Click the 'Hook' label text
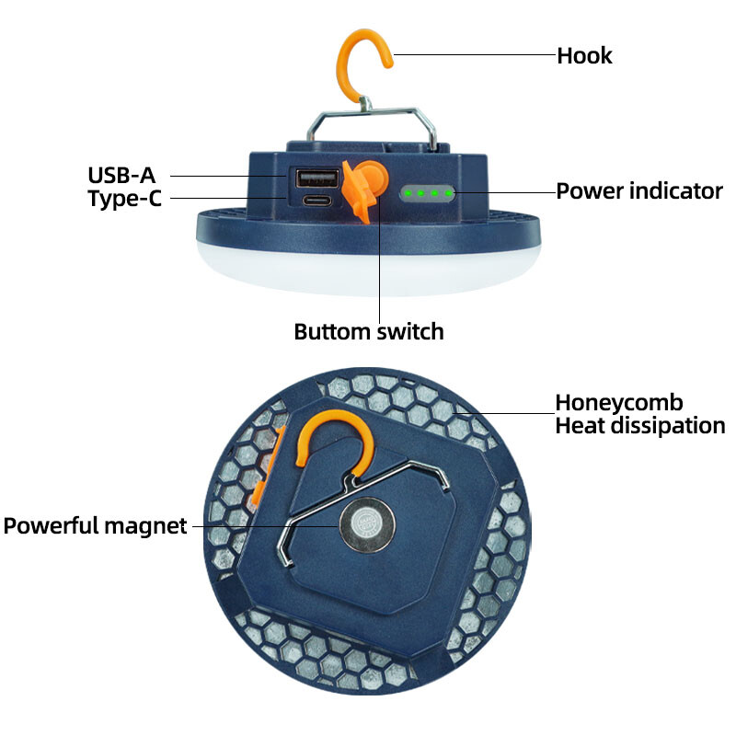click(584, 55)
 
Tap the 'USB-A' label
click(121, 175)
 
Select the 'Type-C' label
click(124, 198)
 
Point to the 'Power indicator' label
click(639, 191)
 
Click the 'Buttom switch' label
click(368, 331)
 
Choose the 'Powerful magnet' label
click(95, 526)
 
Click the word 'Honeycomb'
click(618, 403)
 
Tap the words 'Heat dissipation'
click(639, 426)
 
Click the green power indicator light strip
click(428, 193)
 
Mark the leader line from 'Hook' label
click(474, 55)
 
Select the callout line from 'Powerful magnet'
click(267, 526)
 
